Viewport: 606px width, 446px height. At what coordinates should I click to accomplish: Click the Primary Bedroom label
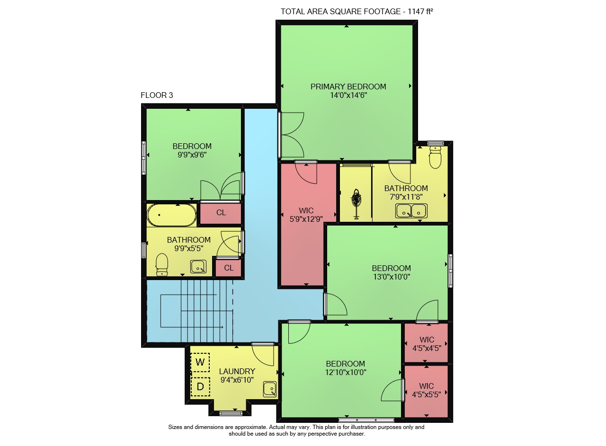click(x=348, y=87)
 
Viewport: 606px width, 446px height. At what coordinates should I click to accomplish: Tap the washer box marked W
click(x=200, y=362)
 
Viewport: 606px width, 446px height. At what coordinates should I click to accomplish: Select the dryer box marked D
click(x=200, y=387)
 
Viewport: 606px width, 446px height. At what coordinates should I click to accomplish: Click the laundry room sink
click(x=270, y=389)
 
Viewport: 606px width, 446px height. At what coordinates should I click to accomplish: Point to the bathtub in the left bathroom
click(x=172, y=215)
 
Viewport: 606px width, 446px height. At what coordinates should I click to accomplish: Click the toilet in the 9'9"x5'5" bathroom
click(x=162, y=265)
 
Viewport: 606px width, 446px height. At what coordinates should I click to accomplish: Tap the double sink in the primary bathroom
click(x=411, y=211)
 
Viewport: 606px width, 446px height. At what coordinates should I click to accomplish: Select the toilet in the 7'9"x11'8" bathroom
click(x=435, y=157)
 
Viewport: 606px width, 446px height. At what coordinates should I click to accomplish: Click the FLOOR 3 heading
click(x=157, y=95)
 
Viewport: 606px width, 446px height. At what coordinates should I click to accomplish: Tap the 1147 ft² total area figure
click(x=420, y=11)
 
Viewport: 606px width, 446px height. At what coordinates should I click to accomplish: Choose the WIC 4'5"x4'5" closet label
click(x=427, y=344)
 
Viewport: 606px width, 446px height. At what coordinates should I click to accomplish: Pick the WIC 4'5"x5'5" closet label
click(x=427, y=390)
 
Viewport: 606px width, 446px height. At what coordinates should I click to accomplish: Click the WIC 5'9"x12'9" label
click(x=306, y=215)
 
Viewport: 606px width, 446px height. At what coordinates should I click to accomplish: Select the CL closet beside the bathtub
click(x=221, y=213)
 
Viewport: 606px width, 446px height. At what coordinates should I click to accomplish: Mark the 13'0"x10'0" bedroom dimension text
click(x=392, y=277)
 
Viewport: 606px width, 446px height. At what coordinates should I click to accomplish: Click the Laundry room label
click(x=237, y=371)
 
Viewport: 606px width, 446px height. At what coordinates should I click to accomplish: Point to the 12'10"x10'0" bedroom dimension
click(x=346, y=373)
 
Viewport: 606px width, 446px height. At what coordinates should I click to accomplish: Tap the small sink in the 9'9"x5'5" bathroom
click(x=198, y=267)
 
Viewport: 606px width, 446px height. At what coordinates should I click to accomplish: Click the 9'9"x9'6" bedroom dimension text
click(x=192, y=155)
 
